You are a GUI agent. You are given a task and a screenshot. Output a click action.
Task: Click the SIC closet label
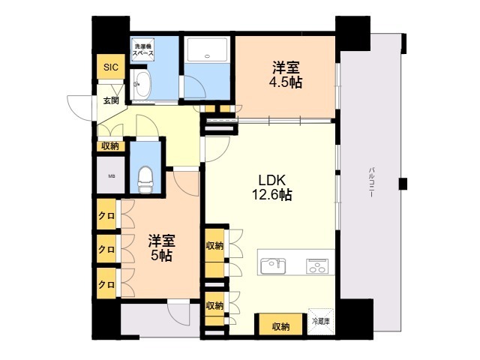[111, 67]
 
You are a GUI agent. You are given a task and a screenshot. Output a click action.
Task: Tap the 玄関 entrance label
[111, 100]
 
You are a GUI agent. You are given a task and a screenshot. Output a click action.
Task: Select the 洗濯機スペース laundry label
[143, 50]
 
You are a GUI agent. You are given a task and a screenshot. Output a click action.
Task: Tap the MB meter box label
[112, 177]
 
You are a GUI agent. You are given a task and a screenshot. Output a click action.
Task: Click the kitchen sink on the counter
[273, 265]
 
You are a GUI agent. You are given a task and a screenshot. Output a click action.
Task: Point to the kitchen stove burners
[318, 265]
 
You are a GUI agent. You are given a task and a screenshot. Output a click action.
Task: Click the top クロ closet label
[106, 216]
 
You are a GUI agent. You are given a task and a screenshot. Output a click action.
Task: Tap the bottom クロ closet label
[106, 284]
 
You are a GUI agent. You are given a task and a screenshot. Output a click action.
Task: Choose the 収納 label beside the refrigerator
[280, 326]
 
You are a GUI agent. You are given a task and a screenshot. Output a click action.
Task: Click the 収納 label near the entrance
[110, 147]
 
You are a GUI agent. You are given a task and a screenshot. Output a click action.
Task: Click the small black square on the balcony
[403, 183]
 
